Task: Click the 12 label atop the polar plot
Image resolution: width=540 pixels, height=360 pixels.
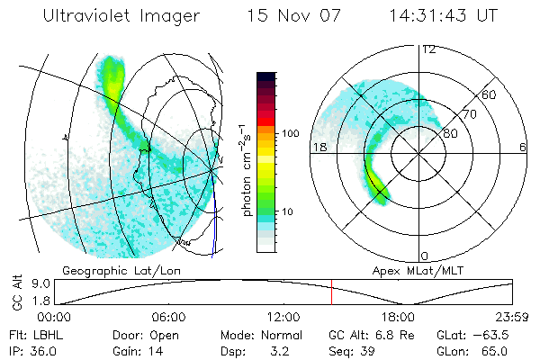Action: tap(427, 49)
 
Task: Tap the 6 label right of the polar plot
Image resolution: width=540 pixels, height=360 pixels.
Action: tap(523, 147)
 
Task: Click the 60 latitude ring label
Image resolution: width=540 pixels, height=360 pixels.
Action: tap(489, 94)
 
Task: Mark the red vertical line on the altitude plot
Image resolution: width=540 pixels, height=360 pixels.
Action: tap(331, 292)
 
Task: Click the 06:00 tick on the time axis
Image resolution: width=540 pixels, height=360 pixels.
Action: tap(168, 317)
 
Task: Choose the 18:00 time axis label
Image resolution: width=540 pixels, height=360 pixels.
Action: tap(398, 317)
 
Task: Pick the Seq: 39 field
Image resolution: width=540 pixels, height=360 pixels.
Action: tap(356, 350)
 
